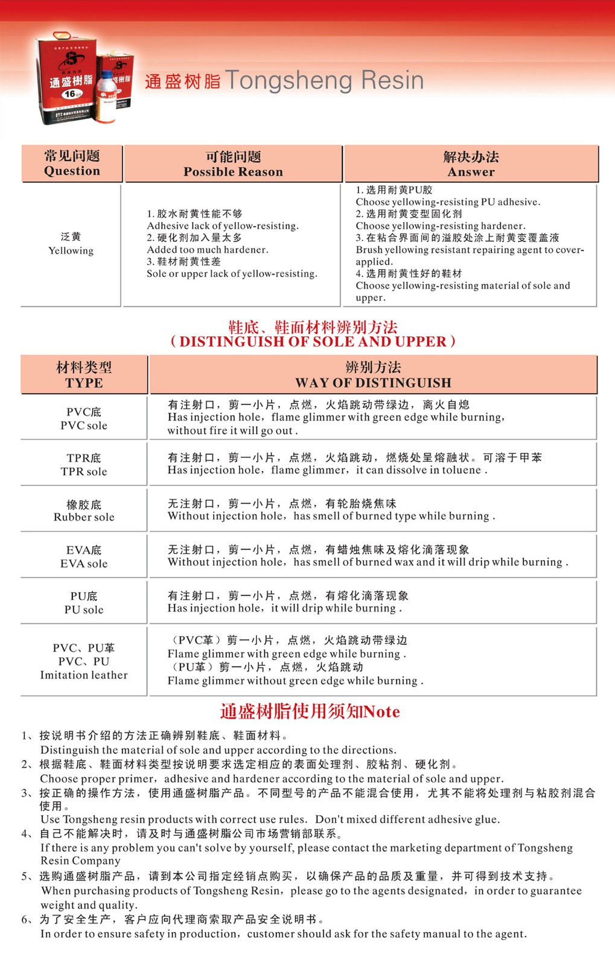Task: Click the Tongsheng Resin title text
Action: [284, 80]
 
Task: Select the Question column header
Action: [72, 164]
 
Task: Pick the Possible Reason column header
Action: [233, 164]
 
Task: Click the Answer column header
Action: [471, 164]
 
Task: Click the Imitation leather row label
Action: [84, 675]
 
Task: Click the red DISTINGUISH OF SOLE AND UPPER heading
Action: [313, 342]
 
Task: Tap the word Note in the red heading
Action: [381, 712]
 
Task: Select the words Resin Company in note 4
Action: [80, 861]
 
